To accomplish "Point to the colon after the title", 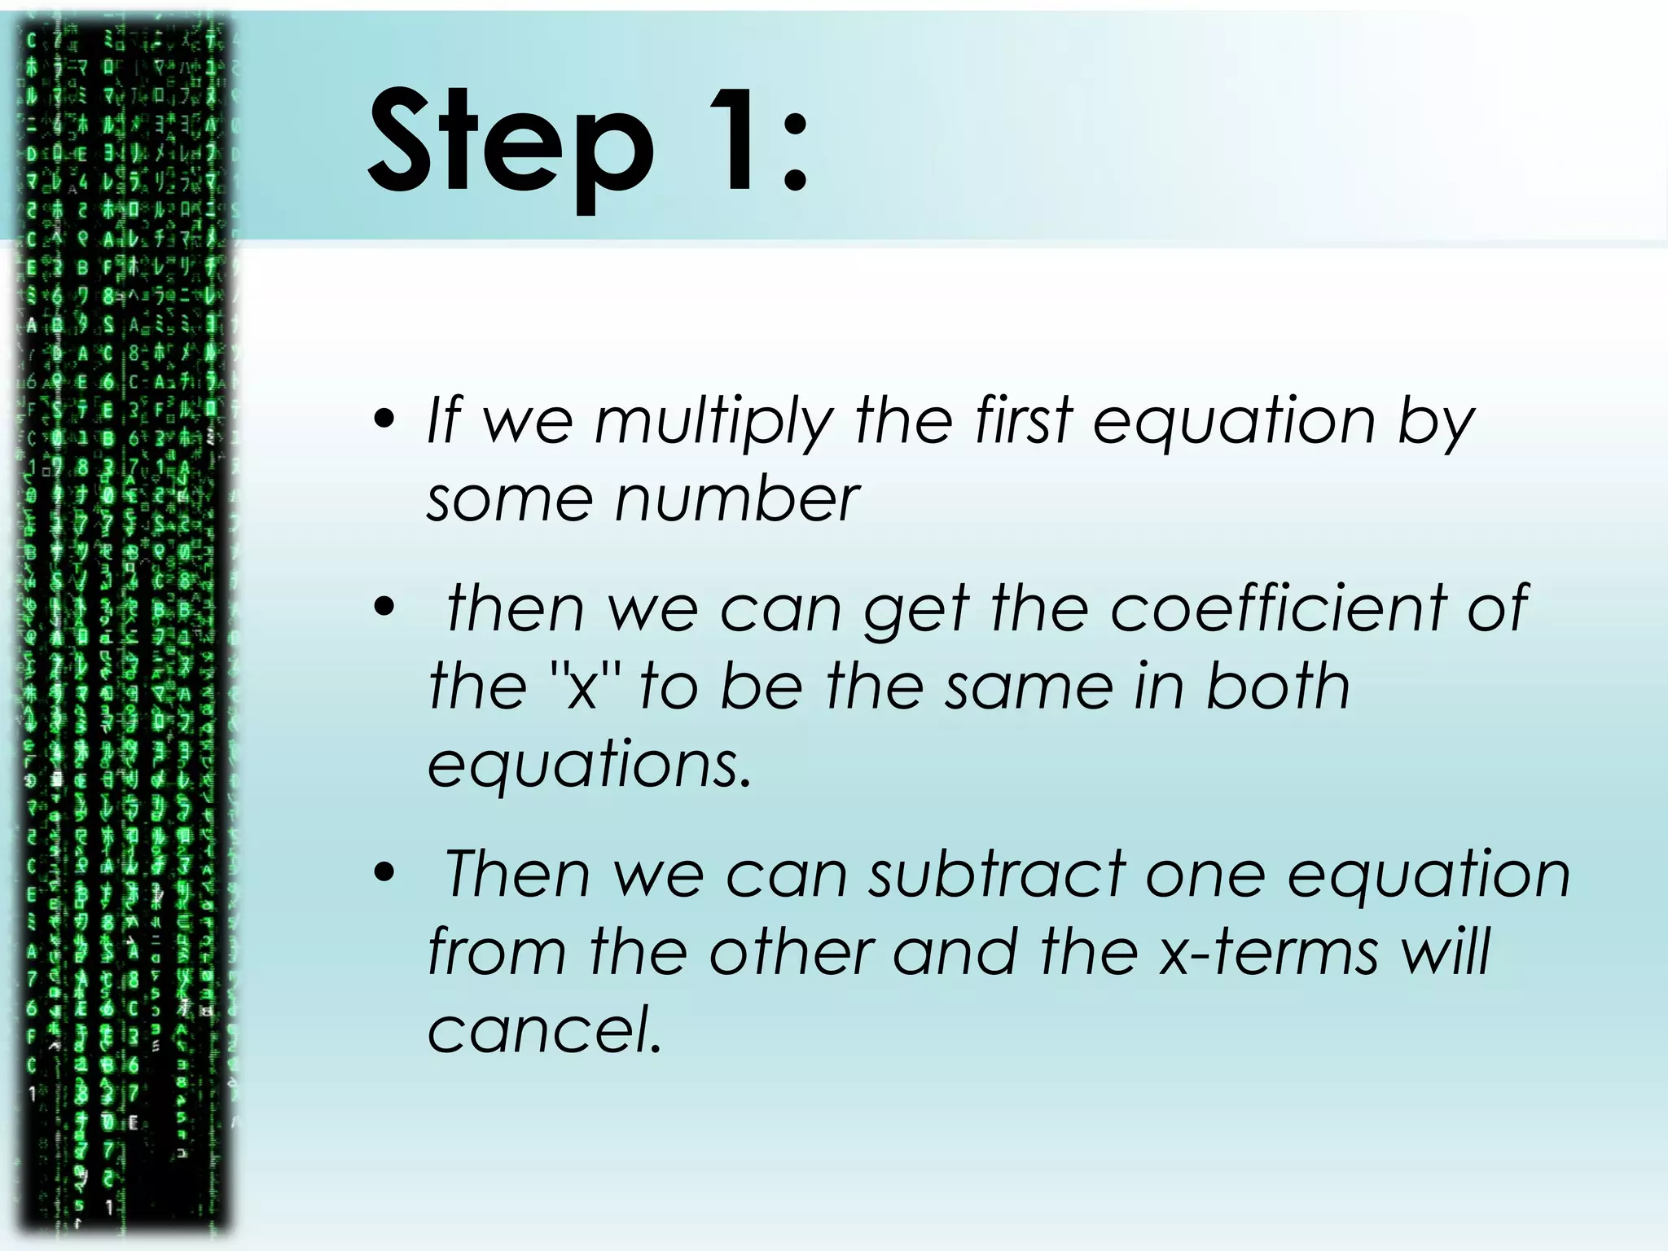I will pyautogui.click(x=792, y=151).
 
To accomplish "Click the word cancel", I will pyautogui.click(x=544, y=1029).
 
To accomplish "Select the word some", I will pyautogui.click(x=510, y=500).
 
